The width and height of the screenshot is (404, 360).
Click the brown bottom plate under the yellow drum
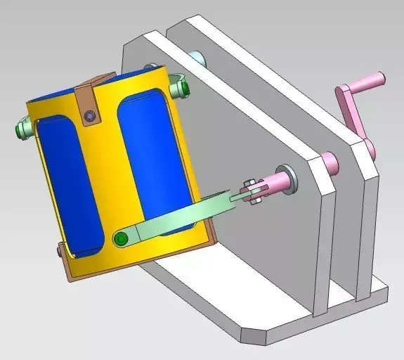pyautogui.click(x=70, y=271)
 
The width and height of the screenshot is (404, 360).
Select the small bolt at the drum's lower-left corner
pyautogui.click(x=59, y=250)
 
